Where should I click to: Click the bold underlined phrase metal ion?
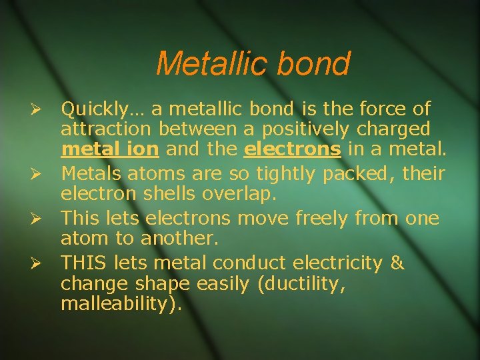click(x=109, y=149)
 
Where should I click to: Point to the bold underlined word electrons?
click(x=293, y=149)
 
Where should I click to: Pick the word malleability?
click(x=117, y=304)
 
